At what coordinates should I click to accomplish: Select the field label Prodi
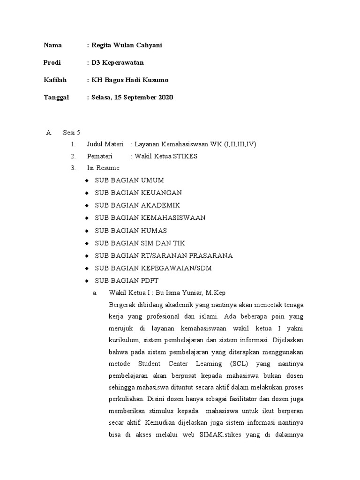(52, 62)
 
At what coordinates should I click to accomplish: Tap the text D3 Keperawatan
(118, 62)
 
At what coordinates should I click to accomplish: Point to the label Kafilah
(55, 80)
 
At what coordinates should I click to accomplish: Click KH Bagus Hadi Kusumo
(130, 80)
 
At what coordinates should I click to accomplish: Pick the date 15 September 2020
(143, 97)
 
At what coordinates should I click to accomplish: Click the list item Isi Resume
(103, 168)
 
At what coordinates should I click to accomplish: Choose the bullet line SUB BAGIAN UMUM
(129, 180)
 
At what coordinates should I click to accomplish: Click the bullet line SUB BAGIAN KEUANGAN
(138, 193)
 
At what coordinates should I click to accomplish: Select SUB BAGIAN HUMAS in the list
(131, 231)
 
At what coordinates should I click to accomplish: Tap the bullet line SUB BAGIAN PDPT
(127, 281)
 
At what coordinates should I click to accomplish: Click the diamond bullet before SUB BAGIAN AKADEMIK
(87, 206)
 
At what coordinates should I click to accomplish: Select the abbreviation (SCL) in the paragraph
(241, 363)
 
